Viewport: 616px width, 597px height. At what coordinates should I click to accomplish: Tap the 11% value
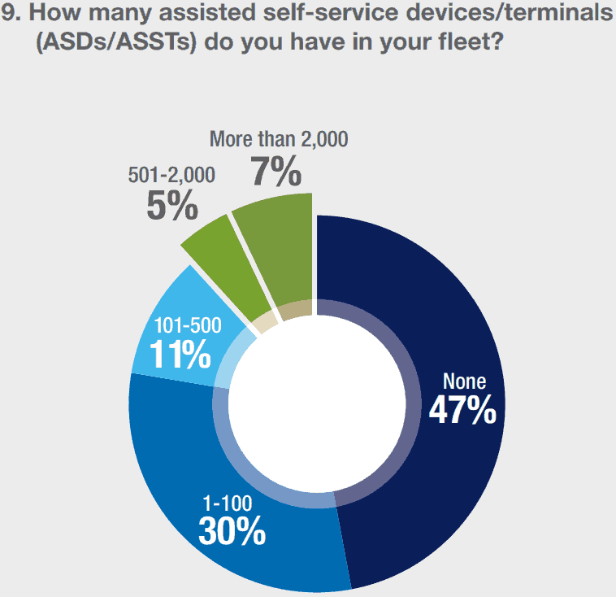[x=180, y=355]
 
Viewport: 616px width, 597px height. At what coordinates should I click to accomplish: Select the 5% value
[x=172, y=206]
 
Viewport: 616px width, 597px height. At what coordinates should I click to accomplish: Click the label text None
[x=463, y=381]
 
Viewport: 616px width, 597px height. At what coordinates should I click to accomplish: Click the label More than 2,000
[x=279, y=139]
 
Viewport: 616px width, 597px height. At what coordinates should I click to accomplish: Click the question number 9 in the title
[x=10, y=14]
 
